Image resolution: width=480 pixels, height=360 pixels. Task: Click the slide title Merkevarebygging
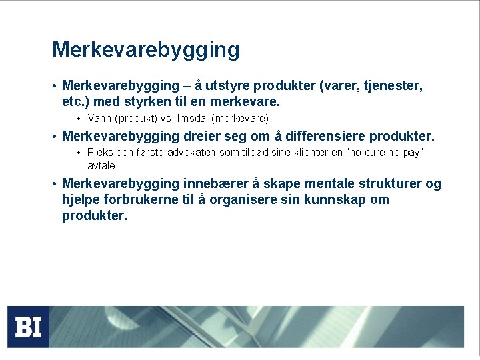click(x=145, y=50)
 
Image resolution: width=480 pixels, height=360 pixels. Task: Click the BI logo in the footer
click(x=29, y=327)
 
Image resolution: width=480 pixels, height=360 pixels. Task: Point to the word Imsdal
click(x=189, y=119)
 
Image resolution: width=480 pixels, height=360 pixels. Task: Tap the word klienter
click(x=309, y=153)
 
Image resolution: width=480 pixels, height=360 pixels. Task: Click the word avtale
click(x=101, y=165)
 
